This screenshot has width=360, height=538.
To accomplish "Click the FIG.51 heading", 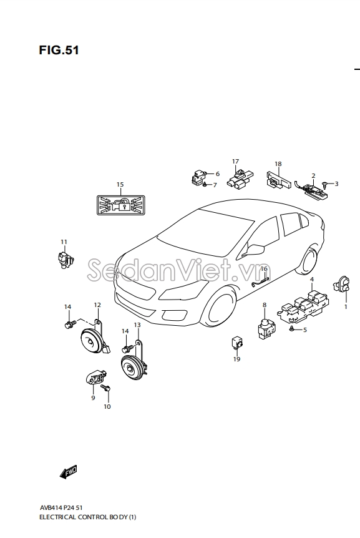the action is click(59, 50).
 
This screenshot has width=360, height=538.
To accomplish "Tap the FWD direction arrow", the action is click(68, 472).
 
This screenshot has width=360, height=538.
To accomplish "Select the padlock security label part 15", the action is click(120, 205).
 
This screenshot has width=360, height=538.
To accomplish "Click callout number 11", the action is click(64, 242).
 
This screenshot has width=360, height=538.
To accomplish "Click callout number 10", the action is click(107, 406).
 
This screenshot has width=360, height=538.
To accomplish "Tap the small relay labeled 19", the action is click(236, 343).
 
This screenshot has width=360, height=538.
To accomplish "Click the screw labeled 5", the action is click(292, 329).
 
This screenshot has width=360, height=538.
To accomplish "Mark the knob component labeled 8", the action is click(266, 328).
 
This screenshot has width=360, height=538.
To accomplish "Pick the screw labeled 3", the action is click(326, 185).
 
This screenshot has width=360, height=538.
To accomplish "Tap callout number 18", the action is click(278, 164).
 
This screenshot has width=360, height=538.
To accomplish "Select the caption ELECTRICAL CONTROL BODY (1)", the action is click(88, 517).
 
